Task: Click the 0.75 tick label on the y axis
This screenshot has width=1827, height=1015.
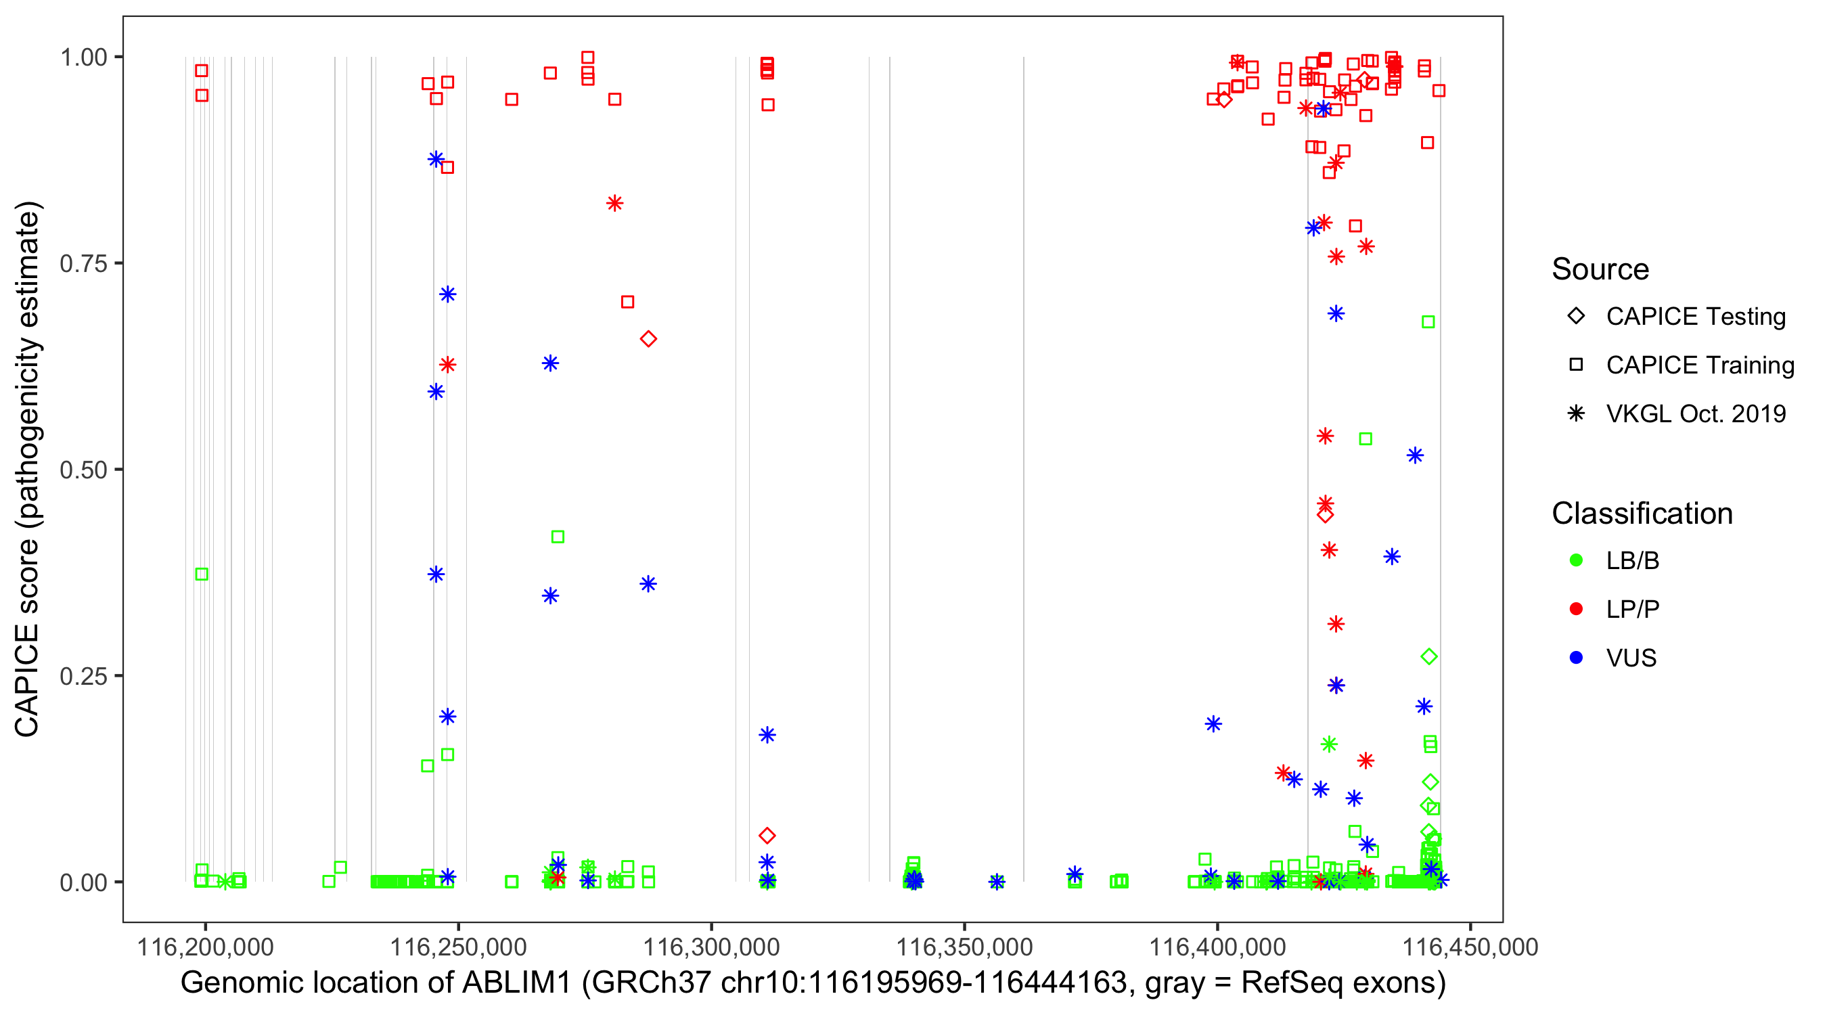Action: (x=83, y=264)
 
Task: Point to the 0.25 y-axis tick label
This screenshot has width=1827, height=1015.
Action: (x=83, y=676)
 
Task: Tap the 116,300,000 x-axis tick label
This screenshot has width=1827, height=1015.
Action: (x=710, y=947)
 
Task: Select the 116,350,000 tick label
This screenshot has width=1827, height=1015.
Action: (x=964, y=947)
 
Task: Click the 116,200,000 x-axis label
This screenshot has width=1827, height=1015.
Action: (x=205, y=947)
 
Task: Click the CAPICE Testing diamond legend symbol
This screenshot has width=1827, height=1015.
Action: (x=1576, y=317)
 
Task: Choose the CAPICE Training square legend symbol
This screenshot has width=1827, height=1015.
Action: (x=1576, y=365)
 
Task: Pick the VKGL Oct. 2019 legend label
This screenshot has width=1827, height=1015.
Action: (x=1696, y=414)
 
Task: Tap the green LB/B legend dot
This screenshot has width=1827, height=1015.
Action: (x=1576, y=560)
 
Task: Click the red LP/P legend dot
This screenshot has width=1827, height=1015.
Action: (x=1576, y=609)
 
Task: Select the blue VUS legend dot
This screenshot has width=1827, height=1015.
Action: (x=1576, y=658)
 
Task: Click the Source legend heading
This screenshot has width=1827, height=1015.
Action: (x=1600, y=269)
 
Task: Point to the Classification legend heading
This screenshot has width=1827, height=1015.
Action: (x=1642, y=514)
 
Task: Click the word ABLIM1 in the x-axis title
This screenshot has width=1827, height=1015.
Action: (x=516, y=983)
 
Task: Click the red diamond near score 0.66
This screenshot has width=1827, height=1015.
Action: (x=648, y=339)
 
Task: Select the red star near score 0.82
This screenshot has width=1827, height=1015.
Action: (x=615, y=204)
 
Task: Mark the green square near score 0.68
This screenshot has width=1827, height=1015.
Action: (x=1428, y=322)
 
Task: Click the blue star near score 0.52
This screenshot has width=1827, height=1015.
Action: (x=1415, y=455)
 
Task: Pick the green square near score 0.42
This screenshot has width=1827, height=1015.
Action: (x=558, y=537)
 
